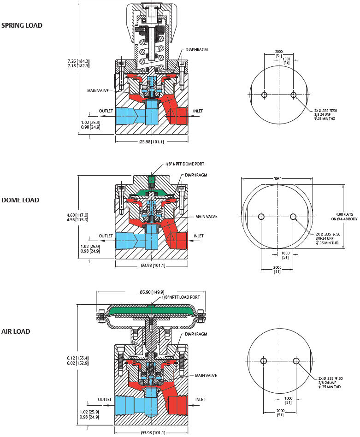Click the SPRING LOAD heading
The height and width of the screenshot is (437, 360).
pos(22,25)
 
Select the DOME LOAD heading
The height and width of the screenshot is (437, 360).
pos(20,200)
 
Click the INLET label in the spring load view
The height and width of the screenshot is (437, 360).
pos(198,111)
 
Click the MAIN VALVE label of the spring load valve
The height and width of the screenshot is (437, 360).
pos(98,91)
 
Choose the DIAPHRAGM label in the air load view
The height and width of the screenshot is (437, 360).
pos(196,334)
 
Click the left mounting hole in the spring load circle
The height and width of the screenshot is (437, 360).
pos(264,95)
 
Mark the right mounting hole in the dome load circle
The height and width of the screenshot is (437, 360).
pos(293,217)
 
